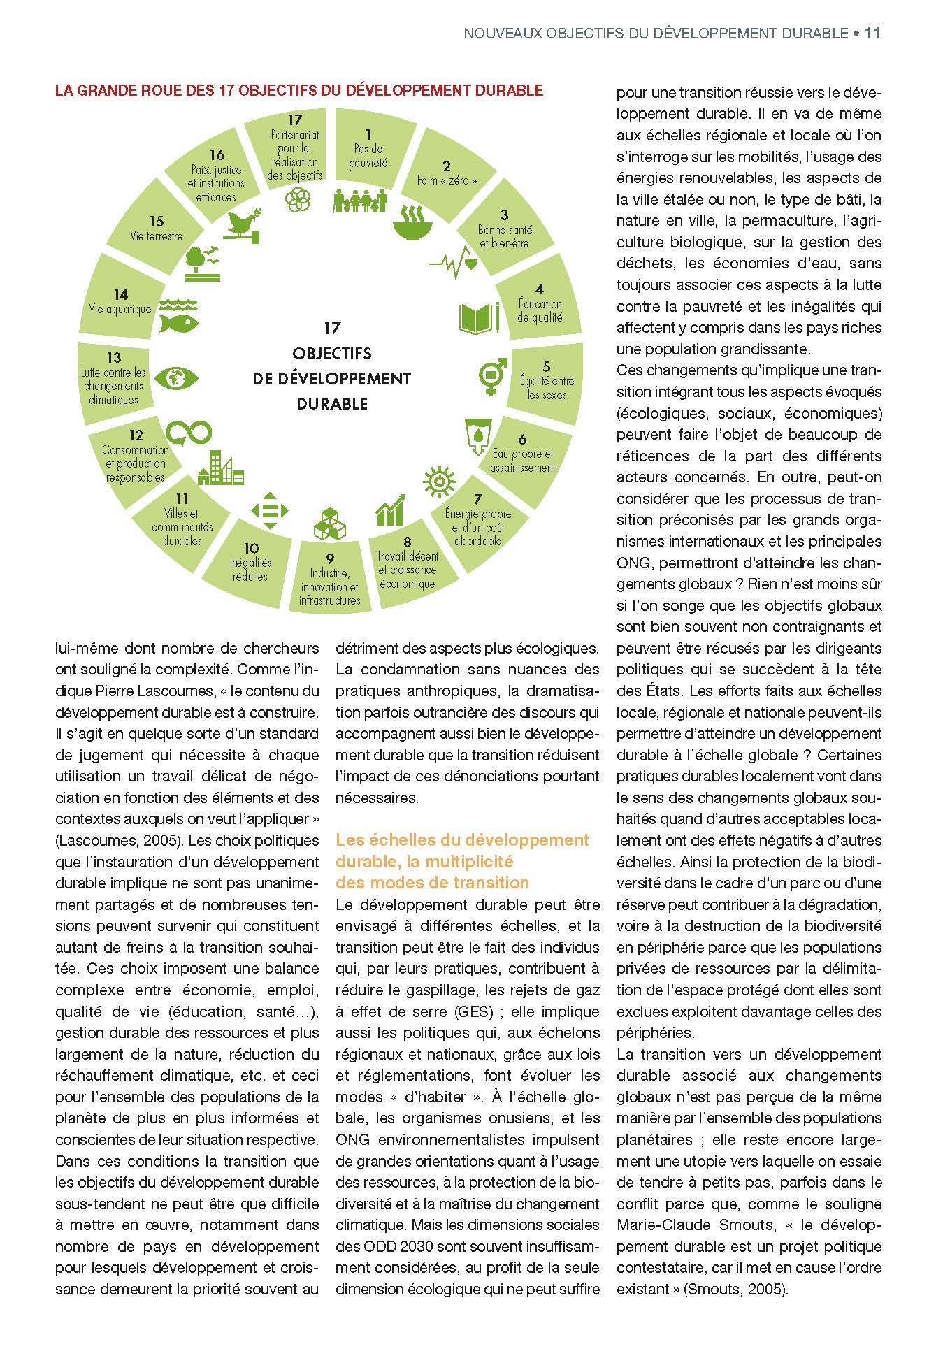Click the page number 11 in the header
coord(872,33)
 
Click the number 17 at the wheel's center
coord(332,328)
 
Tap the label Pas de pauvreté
coord(368,155)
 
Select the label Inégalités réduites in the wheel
coord(250,569)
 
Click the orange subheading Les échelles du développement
coord(462,839)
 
